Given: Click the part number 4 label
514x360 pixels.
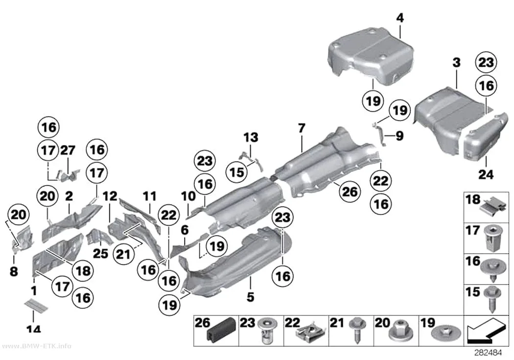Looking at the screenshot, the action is point(400,18).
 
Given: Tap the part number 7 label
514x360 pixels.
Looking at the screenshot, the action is point(302,128).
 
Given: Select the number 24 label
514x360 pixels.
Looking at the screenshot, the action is point(486,174).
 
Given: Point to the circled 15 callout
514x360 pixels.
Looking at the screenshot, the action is point(237,172).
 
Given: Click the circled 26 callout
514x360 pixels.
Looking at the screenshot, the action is point(350,192).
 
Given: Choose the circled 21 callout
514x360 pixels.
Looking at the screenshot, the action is point(123,254).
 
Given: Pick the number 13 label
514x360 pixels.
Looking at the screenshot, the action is point(251,137).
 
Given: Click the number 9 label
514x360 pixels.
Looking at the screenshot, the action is point(399,136).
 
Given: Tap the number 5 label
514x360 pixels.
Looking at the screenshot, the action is point(251,297).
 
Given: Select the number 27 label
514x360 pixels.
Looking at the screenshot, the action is point(68,150).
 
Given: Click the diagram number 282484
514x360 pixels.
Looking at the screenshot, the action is point(489,353).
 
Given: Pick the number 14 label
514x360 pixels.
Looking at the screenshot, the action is point(33,329).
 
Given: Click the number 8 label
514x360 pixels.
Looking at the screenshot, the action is point(13,271).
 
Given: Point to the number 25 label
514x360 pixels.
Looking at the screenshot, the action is point(100,253).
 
